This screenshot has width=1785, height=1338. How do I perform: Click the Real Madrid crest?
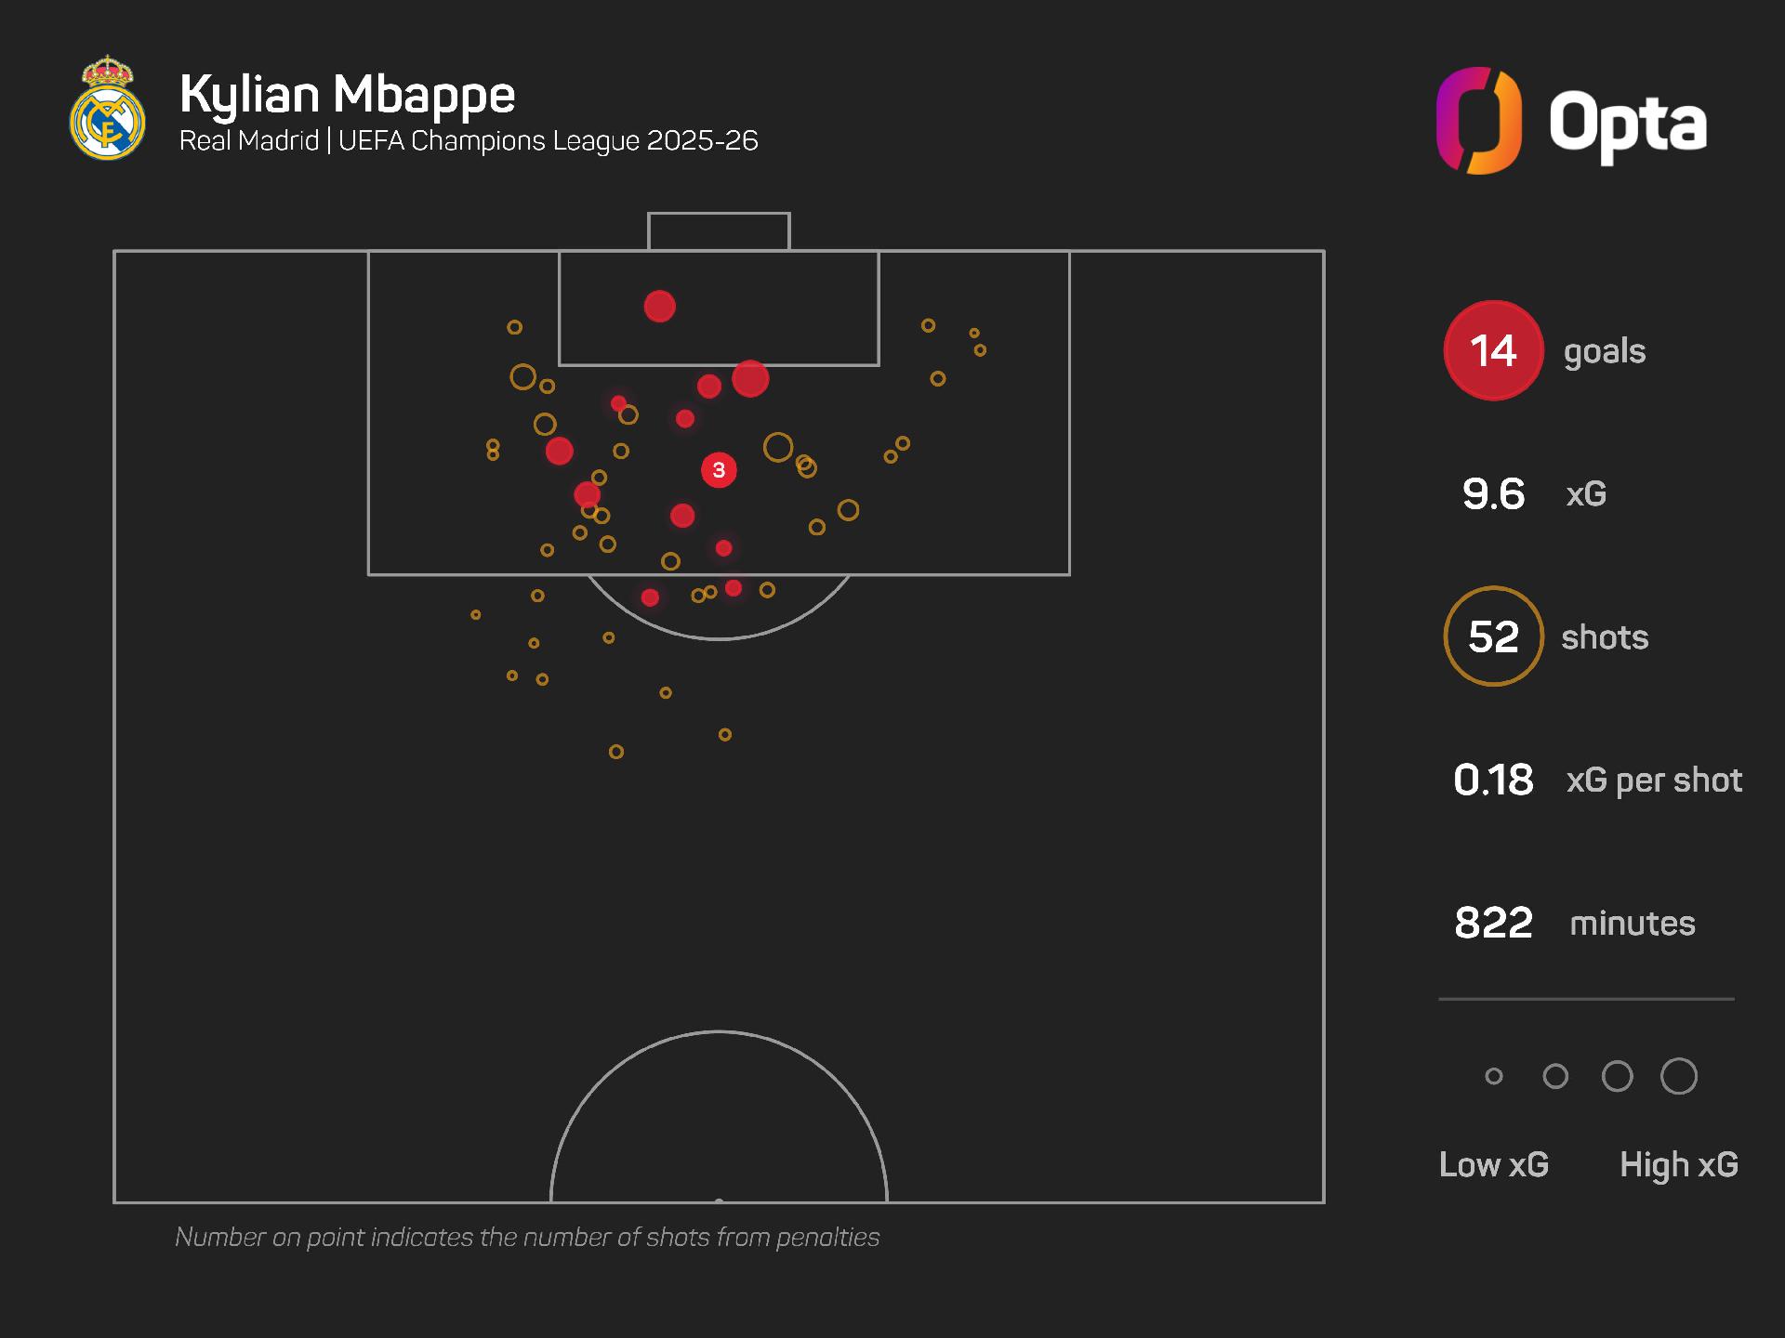coord(108,109)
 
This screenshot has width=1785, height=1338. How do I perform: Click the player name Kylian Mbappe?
coord(347,94)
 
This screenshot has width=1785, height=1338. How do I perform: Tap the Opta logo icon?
coord(1478,121)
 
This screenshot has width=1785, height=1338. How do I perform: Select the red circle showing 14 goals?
coord(1493,350)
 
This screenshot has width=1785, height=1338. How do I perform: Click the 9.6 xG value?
coord(1493,493)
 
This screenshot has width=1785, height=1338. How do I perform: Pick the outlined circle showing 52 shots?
coord(1493,636)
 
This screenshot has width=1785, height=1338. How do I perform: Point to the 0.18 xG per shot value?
coord(1493,780)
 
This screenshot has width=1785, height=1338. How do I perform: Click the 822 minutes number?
coord(1493,923)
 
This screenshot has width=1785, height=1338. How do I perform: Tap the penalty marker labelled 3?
coord(719,470)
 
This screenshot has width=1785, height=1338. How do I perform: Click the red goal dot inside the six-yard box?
coord(659,306)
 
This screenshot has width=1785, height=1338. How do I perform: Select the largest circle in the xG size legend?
coord(1678,1076)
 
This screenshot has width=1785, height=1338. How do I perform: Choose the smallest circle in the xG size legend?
coord(1494,1076)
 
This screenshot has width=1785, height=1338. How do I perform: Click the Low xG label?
coord(1493,1164)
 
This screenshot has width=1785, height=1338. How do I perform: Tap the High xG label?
coord(1678,1164)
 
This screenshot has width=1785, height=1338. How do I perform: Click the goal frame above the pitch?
coord(719,230)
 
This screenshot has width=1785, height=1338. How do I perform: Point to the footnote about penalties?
coord(527,1237)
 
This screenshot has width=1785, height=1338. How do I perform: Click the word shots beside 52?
coord(1605,637)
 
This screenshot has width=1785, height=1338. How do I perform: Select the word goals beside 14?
coord(1605,351)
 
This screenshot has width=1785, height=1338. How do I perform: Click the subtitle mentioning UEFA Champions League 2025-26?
coord(469,140)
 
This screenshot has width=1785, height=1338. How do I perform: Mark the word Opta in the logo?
coord(1627,124)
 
